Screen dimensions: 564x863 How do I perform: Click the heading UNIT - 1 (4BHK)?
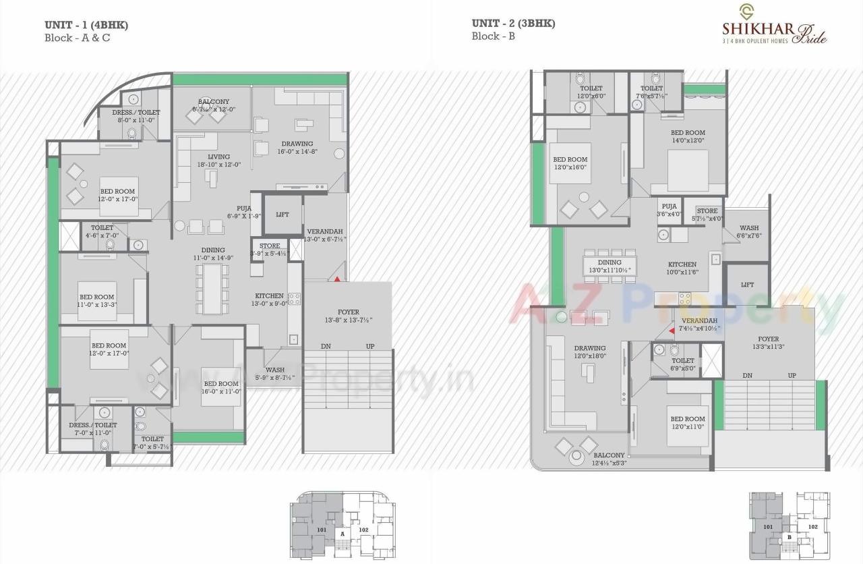pyautogui.click(x=86, y=25)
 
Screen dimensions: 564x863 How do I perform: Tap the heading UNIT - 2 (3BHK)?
pyautogui.click(x=513, y=24)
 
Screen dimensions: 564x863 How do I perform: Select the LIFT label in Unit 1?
pyautogui.click(x=282, y=215)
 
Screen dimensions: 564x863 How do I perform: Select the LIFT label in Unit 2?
pyautogui.click(x=747, y=285)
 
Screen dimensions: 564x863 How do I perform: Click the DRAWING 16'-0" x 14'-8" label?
pyautogui.click(x=297, y=148)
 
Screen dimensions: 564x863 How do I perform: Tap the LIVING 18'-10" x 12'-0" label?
pyautogui.click(x=218, y=161)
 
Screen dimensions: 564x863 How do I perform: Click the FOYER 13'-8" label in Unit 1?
pyautogui.click(x=348, y=316)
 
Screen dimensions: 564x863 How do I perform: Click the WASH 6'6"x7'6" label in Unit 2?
pyautogui.click(x=748, y=232)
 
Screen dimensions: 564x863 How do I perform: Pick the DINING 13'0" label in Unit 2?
pyautogui.click(x=609, y=266)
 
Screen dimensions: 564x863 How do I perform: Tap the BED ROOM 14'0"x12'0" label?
pyautogui.click(x=687, y=136)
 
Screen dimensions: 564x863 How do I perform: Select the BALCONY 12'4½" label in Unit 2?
pyautogui.click(x=609, y=459)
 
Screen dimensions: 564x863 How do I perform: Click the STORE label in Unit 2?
pyautogui.click(x=707, y=215)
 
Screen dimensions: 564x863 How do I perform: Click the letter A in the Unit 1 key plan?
pyautogui.click(x=343, y=534)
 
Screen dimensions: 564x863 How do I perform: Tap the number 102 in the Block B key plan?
pyautogui.click(x=812, y=527)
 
